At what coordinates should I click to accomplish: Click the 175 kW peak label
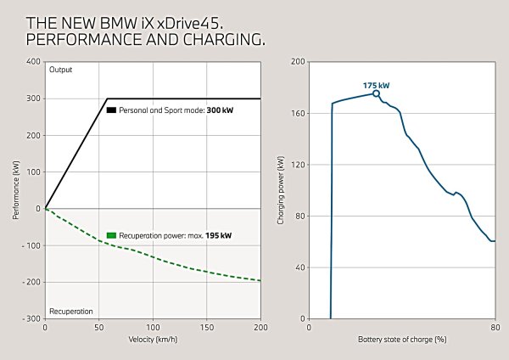376,86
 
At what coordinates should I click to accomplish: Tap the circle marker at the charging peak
376,93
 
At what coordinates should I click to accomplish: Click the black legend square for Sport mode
111,110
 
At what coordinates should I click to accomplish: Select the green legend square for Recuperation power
111,235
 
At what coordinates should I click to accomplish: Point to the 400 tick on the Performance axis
33,62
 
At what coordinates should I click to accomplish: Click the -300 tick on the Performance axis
31,318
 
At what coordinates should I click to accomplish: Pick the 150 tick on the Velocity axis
207,327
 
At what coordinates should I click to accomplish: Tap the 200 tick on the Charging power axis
299,62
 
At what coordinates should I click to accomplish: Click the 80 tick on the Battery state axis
495,327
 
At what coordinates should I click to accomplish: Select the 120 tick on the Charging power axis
299,165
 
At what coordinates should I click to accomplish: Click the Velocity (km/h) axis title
153,339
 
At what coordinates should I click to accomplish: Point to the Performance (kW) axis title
15,190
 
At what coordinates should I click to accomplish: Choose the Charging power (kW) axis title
281,190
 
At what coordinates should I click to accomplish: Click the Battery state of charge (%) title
401,339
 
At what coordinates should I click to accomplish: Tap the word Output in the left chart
61,70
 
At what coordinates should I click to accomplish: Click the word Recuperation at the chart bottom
70,311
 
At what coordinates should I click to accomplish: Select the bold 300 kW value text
219,110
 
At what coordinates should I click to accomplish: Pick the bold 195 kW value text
219,235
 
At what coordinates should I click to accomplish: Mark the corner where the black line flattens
107,98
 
